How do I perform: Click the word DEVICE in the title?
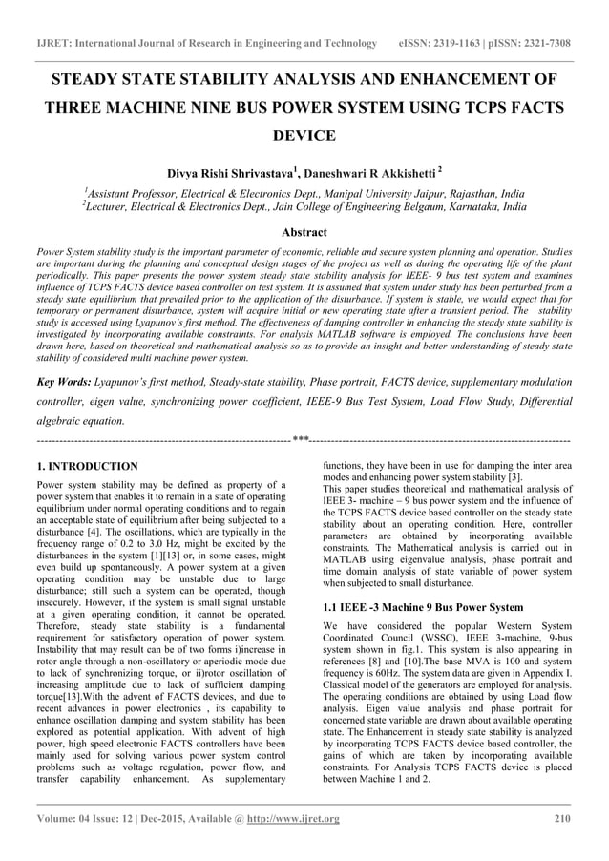point(304,136)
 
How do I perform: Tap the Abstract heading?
point(304,232)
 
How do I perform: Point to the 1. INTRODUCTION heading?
point(86,467)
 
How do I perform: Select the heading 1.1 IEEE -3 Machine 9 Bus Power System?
point(423,607)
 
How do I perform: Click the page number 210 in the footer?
point(562,819)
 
